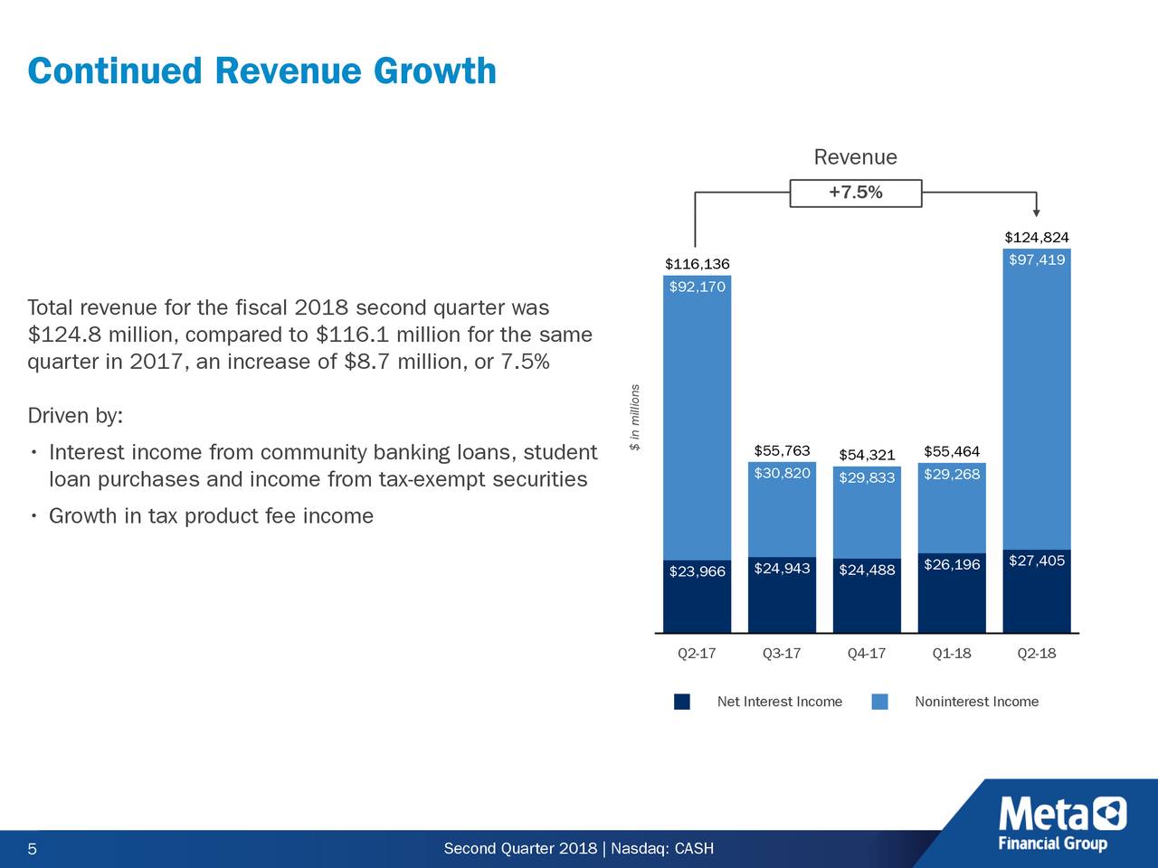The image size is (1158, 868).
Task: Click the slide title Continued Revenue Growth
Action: [x=261, y=71]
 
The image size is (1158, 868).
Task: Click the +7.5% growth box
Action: [x=855, y=193]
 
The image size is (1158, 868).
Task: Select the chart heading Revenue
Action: [x=855, y=157]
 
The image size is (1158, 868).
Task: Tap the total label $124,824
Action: [x=1036, y=238]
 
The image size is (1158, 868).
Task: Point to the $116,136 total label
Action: [x=697, y=264]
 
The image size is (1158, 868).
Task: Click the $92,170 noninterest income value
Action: [x=697, y=288]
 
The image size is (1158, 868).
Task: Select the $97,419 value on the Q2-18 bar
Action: [x=1036, y=260]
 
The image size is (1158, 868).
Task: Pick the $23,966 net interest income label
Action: [x=697, y=571]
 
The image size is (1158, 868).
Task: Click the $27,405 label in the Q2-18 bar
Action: [x=1036, y=561]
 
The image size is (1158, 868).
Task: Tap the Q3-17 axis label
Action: [x=781, y=654]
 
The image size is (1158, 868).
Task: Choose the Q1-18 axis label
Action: [x=951, y=654]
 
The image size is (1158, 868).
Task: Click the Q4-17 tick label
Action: [x=866, y=654]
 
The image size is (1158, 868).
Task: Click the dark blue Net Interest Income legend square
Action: [x=682, y=703]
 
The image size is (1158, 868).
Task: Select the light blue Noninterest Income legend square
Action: [x=879, y=703]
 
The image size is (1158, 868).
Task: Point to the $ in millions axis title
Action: [x=636, y=418]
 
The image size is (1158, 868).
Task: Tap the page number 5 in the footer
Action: [x=33, y=849]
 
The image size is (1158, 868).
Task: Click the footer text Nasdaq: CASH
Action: [x=662, y=848]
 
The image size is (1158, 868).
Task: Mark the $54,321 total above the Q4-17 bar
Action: [x=866, y=455]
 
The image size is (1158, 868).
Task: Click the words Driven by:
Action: [x=75, y=416]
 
